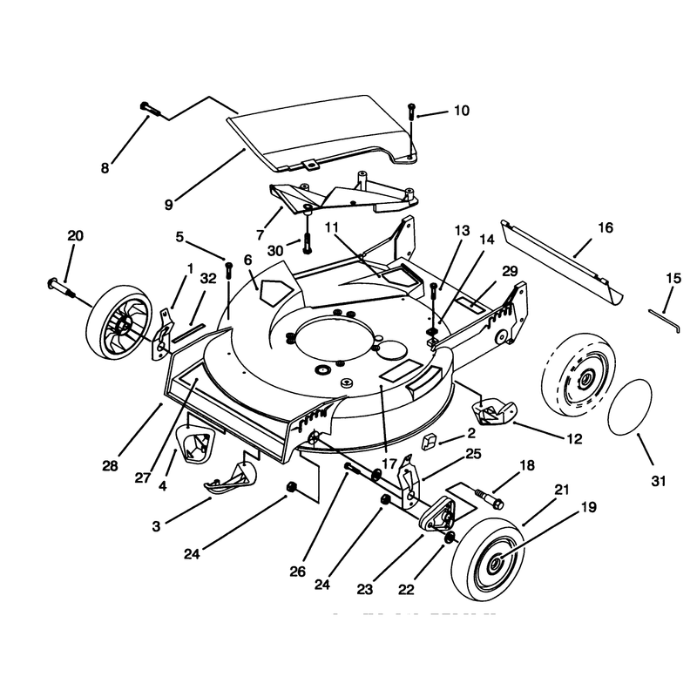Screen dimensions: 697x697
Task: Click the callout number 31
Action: [659, 481]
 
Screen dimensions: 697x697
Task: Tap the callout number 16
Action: [606, 227]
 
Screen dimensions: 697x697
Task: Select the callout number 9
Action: [168, 205]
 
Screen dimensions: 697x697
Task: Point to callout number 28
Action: [111, 466]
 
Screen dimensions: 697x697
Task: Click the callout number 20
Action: [75, 235]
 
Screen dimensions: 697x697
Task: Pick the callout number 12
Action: [574, 439]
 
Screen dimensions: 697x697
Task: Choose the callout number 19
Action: [589, 507]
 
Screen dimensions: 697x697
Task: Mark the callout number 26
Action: [297, 572]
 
